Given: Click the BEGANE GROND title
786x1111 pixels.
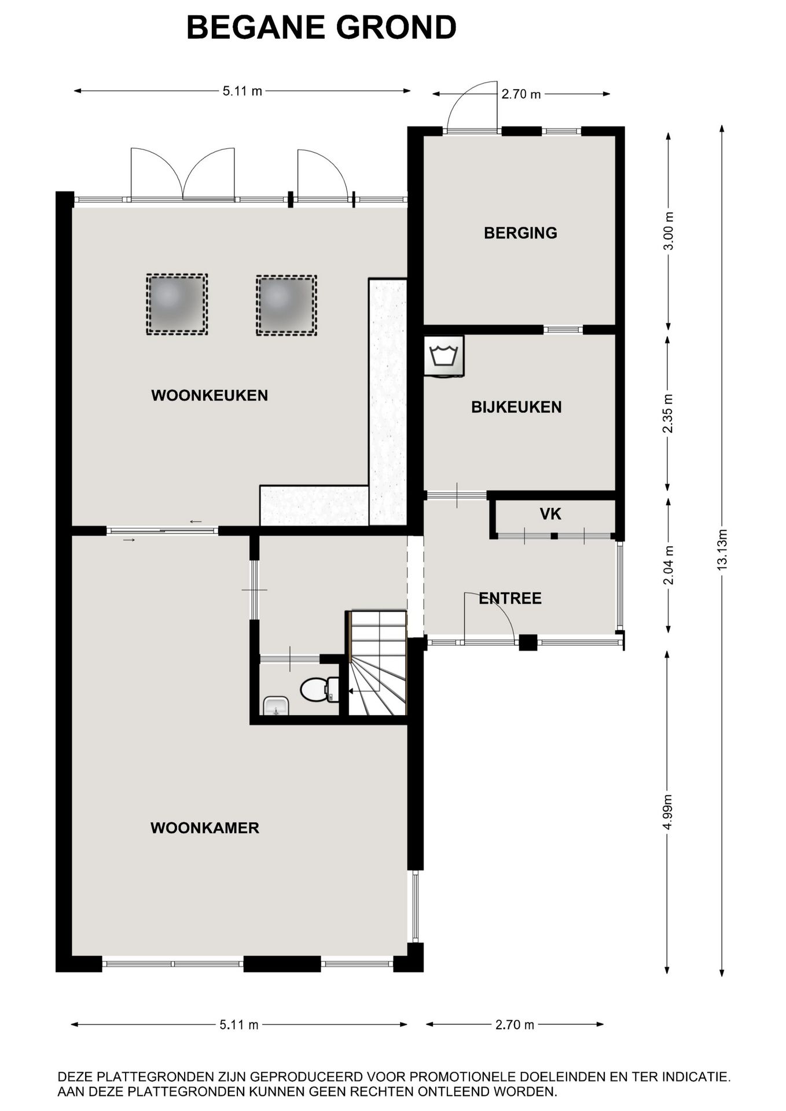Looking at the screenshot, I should coord(321,27).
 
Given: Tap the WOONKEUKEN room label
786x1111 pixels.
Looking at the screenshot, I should coord(210,395).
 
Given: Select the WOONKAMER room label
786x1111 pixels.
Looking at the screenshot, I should coord(205,827).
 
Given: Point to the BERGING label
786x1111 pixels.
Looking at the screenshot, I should coord(520,233).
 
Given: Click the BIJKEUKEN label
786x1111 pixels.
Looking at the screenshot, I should coord(516,407).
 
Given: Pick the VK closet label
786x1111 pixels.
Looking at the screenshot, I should coord(550,514).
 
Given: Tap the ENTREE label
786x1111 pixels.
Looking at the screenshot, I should coord(510,598).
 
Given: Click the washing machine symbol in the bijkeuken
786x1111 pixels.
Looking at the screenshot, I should coord(444,356).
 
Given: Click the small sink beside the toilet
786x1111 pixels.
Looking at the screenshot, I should coord(276,706).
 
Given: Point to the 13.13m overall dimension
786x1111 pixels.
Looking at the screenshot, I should coord(722,551).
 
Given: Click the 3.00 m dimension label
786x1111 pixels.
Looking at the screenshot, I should coord(669,230).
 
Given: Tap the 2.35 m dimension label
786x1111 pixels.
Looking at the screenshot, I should coord(669,413).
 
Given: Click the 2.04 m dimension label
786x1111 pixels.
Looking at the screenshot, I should coord(669,565).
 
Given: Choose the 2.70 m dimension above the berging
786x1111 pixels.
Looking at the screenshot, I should coord(521,94).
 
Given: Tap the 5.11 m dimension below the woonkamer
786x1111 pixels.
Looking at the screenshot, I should coord(238,1025).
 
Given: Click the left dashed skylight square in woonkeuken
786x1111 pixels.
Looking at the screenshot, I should coord(177,304).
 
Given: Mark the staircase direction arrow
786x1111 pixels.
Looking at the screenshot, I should coord(351,690).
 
